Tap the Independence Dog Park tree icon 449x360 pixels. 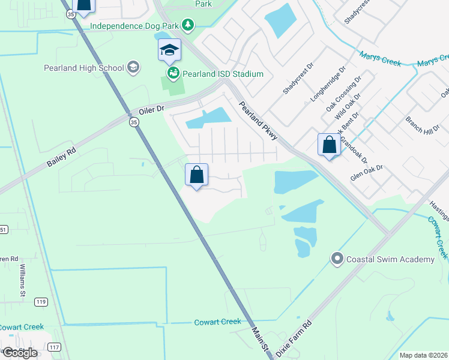pos(189,25)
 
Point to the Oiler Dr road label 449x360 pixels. pos(151,110)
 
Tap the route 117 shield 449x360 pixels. pos(54,347)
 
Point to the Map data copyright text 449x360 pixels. pos(423,355)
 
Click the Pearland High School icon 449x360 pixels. pos(134,68)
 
